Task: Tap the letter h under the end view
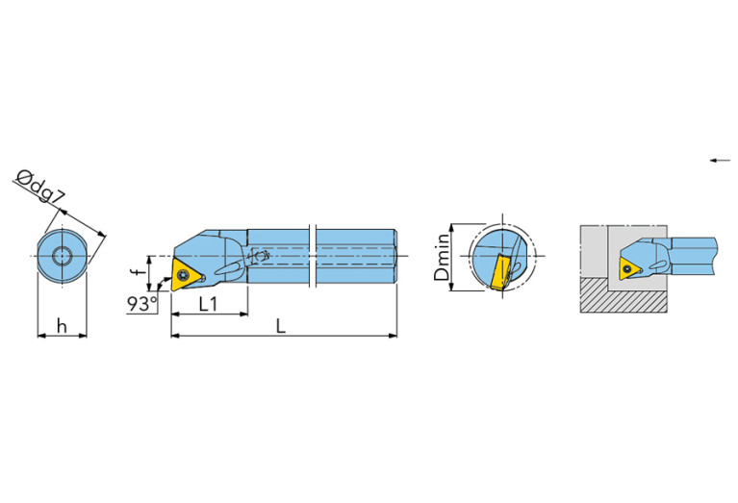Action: click(62, 326)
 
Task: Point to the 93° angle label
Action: click(140, 305)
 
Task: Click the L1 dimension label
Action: click(207, 304)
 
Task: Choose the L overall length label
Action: click(280, 326)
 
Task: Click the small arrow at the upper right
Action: click(720, 160)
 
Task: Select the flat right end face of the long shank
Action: click(395, 256)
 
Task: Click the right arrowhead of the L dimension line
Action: click(393, 336)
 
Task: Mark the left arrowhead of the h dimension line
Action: click(41, 336)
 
